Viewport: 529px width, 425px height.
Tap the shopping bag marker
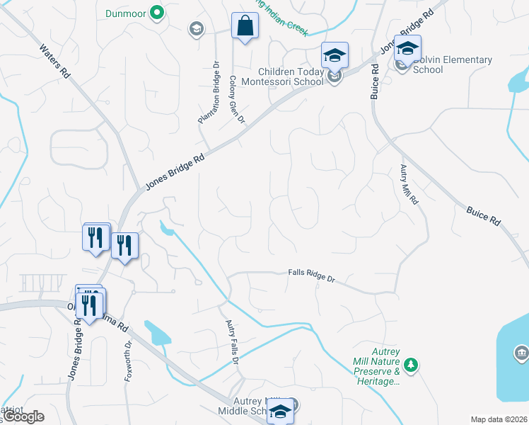coord(244,27)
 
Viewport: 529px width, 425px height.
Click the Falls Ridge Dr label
coord(311,275)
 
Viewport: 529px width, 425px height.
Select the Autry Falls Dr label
coord(231,343)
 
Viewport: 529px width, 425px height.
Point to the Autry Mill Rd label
coord(409,184)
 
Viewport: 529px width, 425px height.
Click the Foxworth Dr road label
coord(129,362)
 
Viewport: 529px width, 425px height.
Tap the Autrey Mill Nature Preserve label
coord(376,365)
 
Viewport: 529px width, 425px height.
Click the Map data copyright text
coord(499,419)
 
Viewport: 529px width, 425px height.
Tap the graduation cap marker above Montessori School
coord(335,55)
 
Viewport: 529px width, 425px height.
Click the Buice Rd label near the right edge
coord(484,216)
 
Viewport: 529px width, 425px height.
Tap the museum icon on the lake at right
coord(521,352)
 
